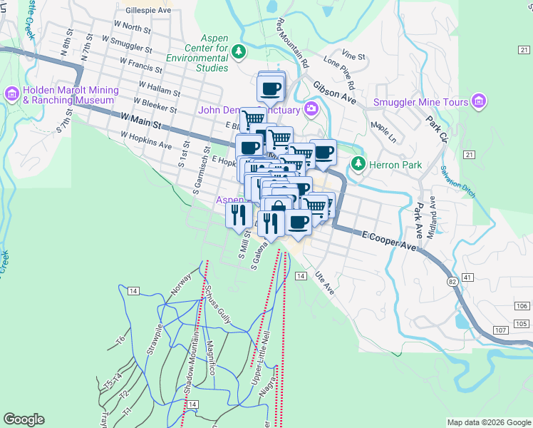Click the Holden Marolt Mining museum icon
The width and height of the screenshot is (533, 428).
tap(11, 93)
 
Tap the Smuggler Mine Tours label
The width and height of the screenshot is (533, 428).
tap(420, 102)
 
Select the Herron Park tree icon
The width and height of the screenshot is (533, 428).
tap(358, 165)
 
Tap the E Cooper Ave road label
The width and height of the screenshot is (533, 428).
tap(388, 240)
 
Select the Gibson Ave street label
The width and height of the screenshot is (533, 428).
tap(334, 88)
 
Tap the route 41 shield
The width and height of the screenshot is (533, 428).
tap(467, 276)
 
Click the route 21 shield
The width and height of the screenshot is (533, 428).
tap(468, 154)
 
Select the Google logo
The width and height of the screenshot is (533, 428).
tap(24, 419)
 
